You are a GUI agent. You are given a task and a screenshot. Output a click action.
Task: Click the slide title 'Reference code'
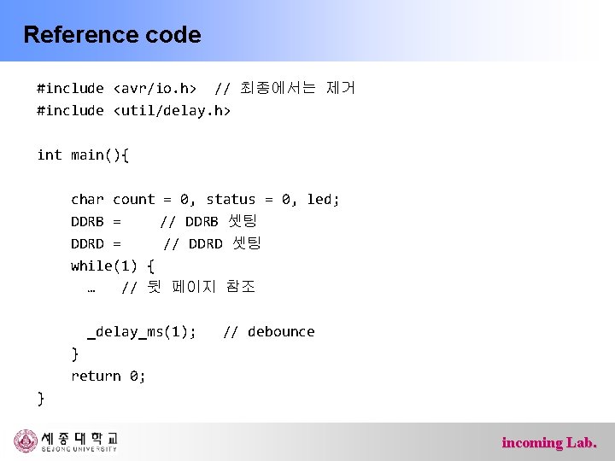click(112, 35)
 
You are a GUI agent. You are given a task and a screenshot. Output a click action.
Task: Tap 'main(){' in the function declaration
click(100, 155)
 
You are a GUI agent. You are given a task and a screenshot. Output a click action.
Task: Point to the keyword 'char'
click(87, 199)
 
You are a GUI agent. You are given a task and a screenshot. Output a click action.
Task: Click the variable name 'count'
click(134, 199)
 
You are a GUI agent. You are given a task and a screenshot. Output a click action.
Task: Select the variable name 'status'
click(231, 199)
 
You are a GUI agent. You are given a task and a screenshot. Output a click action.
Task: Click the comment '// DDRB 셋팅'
click(202, 221)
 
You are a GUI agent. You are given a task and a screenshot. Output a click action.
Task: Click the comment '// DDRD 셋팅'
click(212, 243)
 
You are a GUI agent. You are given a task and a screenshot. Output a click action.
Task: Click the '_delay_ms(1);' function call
click(142, 331)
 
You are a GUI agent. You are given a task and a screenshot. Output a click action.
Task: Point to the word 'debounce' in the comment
click(281, 331)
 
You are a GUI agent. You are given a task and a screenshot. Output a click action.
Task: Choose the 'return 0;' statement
click(108, 376)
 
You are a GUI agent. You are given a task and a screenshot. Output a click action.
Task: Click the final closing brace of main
click(41, 398)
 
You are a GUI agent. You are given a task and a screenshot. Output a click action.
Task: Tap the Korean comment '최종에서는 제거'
click(298, 88)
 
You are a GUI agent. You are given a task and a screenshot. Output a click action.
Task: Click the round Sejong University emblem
click(26, 441)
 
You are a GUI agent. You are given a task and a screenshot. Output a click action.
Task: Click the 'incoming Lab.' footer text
click(549, 442)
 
